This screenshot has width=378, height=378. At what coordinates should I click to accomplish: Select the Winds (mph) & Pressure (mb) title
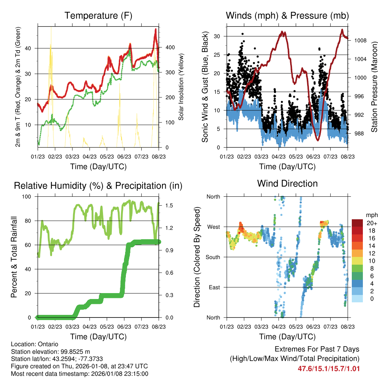click(287, 16)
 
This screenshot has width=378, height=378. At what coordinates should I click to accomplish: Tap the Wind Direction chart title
click(287, 183)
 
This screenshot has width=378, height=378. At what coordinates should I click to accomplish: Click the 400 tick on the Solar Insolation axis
click(165, 48)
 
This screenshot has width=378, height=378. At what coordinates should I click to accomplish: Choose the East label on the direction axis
click(214, 287)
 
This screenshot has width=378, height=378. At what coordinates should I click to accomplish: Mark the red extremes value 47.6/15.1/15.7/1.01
click(329, 368)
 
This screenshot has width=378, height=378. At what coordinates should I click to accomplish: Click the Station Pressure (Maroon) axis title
click(374, 87)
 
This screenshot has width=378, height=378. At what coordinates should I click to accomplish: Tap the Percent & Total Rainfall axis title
click(14, 257)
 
